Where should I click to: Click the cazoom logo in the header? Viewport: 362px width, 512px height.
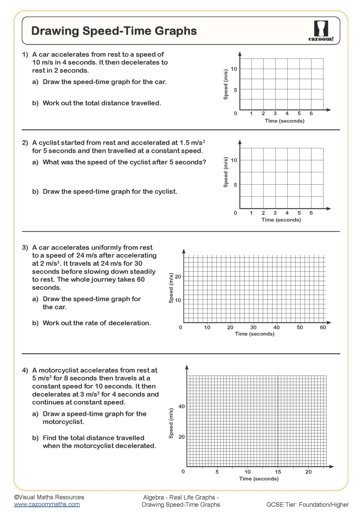321,31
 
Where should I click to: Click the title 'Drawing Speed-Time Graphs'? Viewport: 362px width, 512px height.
114,31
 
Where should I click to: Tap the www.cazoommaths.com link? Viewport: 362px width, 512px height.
47,504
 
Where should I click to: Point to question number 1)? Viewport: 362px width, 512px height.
25,54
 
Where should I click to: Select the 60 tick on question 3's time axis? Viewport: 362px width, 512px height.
323,327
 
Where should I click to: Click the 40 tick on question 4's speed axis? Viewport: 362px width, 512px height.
182,406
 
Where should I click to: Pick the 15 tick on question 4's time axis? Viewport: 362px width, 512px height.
278,472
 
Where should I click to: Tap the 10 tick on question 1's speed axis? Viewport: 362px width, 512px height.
234,69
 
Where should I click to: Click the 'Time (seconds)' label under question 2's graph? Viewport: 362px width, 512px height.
281,220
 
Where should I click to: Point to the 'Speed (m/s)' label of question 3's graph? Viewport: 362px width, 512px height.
171,288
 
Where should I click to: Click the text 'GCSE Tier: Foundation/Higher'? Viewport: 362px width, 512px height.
307,505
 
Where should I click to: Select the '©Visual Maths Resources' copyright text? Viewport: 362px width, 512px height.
49,497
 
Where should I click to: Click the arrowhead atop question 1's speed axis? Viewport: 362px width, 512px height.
240,54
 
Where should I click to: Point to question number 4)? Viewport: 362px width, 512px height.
25,370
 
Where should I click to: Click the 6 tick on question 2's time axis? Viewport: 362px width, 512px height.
311,213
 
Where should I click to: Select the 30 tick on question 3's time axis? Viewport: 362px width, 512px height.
253,327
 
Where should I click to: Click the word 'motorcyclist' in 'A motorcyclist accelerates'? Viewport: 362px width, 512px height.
59,370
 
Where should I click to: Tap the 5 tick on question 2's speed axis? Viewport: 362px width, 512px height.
235,185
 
